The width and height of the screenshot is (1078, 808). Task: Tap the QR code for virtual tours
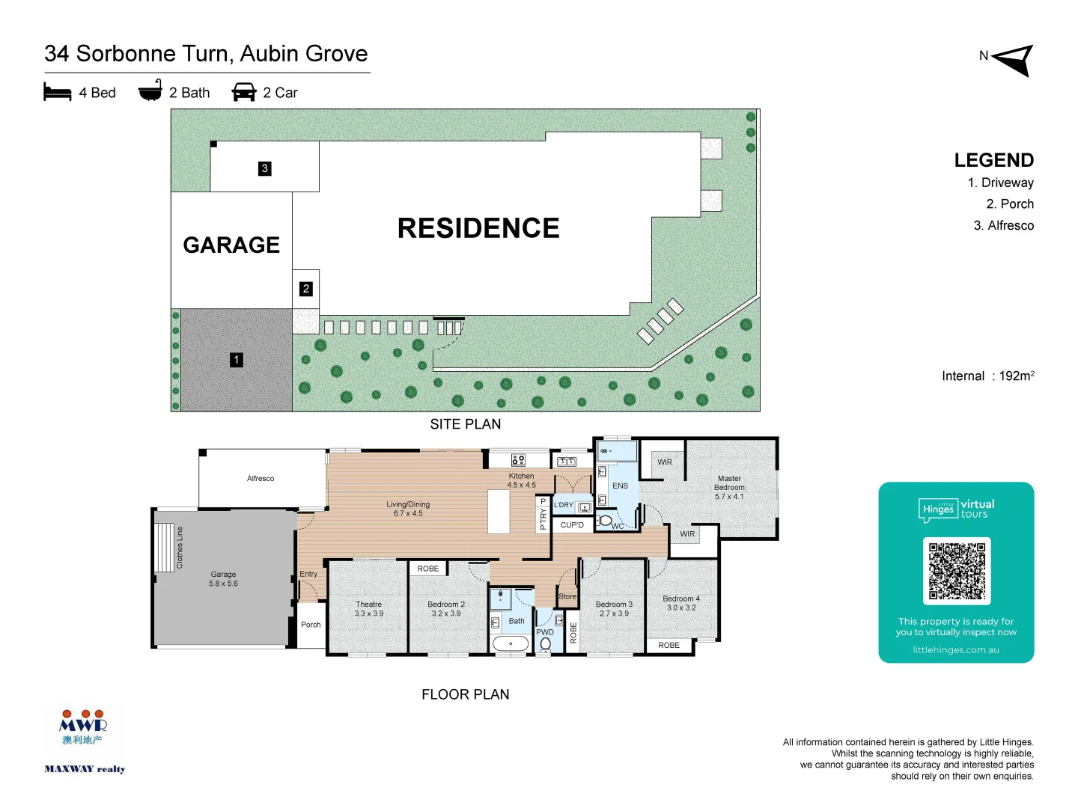pyautogui.click(x=957, y=571)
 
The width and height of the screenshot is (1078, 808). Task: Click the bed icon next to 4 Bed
pyautogui.click(x=58, y=92)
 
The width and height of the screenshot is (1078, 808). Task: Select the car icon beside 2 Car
pyautogui.click(x=244, y=92)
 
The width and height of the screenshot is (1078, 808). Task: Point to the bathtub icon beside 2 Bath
pyautogui.click(x=150, y=91)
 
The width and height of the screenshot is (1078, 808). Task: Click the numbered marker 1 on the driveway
pyautogui.click(x=237, y=360)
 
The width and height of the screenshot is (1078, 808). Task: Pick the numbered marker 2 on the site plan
pyautogui.click(x=305, y=289)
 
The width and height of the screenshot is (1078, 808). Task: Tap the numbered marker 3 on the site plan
pyautogui.click(x=264, y=168)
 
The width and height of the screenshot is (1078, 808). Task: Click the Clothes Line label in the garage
pyautogui.click(x=180, y=548)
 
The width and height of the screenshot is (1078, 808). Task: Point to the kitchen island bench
pyautogui.click(x=499, y=511)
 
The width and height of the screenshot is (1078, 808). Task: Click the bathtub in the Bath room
pyautogui.click(x=511, y=643)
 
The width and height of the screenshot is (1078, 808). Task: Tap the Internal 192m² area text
pyautogui.click(x=987, y=376)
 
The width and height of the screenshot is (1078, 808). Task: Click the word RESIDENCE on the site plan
pyautogui.click(x=478, y=228)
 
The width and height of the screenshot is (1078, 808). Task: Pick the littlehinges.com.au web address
pyautogui.click(x=956, y=649)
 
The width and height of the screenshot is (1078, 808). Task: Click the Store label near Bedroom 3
pyautogui.click(x=567, y=596)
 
